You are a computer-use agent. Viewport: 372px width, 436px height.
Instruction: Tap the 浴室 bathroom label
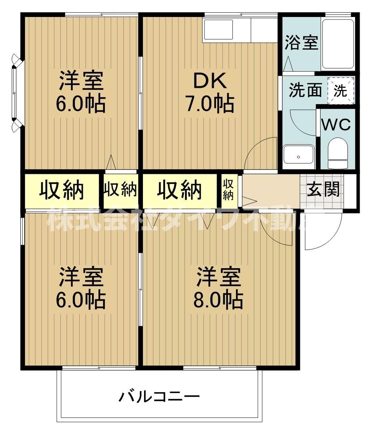(x=301, y=42)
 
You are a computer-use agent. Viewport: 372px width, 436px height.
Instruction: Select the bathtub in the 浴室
(x=338, y=43)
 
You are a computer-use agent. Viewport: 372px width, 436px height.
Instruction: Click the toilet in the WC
(x=337, y=153)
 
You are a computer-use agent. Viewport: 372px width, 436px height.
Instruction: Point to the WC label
(x=336, y=125)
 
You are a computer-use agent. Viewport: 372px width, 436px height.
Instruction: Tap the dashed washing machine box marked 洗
(x=340, y=91)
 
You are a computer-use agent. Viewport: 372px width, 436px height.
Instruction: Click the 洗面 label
(x=305, y=90)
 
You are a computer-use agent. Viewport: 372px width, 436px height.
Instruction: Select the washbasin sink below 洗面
(x=299, y=154)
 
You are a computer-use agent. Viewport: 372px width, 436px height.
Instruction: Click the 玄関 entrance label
(x=323, y=189)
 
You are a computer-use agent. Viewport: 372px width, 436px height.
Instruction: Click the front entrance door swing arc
(x=322, y=231)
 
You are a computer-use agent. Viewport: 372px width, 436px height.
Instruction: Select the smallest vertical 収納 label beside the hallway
(x=228, y=189)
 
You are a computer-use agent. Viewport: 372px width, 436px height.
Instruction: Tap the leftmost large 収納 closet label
(x=61, y=189)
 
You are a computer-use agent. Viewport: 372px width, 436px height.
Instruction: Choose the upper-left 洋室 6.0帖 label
(x=81, y=92)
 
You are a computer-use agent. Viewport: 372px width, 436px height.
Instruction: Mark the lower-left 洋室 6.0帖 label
(x=81, y=288)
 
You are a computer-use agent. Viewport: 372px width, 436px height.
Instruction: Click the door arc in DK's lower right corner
(x=260, y=152)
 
